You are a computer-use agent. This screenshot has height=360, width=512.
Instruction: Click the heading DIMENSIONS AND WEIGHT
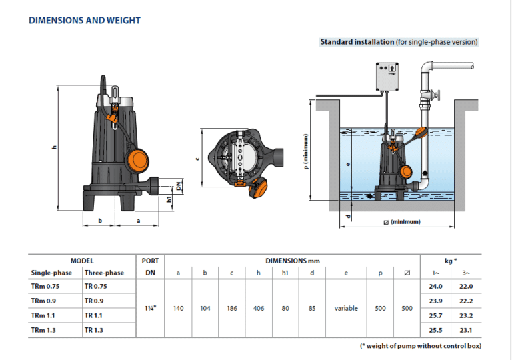[85, 20]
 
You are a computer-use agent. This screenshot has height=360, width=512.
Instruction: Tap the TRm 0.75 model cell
[45, 286]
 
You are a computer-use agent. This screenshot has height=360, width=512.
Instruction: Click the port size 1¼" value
[150, 308]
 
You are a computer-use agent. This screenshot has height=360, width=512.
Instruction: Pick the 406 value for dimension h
[259, 308]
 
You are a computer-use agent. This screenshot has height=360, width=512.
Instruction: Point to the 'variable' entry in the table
[346, 308]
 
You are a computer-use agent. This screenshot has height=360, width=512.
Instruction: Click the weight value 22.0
[466, 286]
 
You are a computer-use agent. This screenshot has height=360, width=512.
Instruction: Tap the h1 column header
[285, 273]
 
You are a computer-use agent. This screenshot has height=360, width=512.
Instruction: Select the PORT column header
[150, 261]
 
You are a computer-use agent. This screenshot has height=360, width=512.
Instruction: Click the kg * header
[450, 261]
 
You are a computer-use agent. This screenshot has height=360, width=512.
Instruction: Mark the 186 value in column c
[232, 308]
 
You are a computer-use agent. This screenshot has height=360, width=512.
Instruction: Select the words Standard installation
[357, 41]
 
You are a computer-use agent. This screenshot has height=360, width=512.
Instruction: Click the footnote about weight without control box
[420, 345]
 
